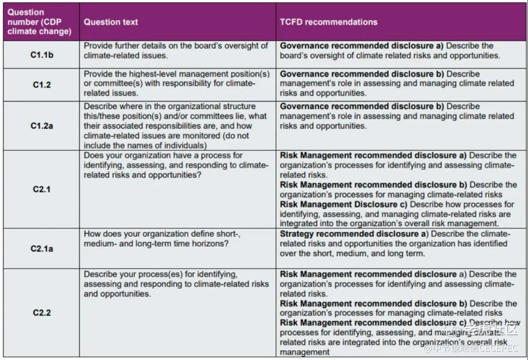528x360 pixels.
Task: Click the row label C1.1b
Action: [41, 55]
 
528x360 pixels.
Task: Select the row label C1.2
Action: [41, 84]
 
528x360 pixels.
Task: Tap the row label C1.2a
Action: [41, 126]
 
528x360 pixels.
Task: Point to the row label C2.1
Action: [41, 189]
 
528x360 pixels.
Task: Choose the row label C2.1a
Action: [41, 248]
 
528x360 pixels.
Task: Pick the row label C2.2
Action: [41, 312]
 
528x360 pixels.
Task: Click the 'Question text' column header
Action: [111, 22]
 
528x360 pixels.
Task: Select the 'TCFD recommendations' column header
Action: [328, 22]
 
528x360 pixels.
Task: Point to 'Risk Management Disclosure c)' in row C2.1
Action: [343, 204]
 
